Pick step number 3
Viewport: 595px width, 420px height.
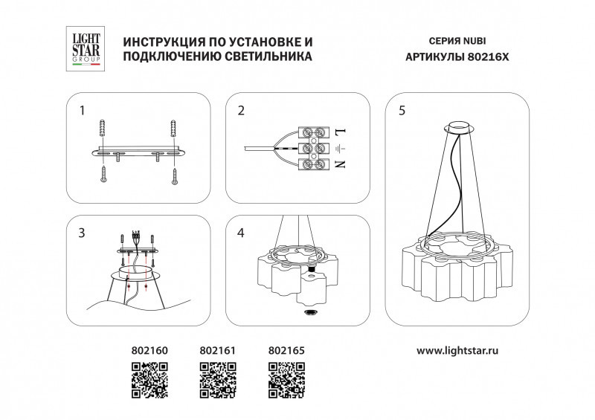click(x=83, y=233)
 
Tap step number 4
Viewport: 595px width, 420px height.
click(x=241, y=233)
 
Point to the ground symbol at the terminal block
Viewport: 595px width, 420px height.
click(x=341, y=149)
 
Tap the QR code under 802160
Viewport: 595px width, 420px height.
click(x=149, y=379)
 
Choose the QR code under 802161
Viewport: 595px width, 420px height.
click(x=218, y=379)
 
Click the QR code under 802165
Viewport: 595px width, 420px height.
click(x=286, y=379)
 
